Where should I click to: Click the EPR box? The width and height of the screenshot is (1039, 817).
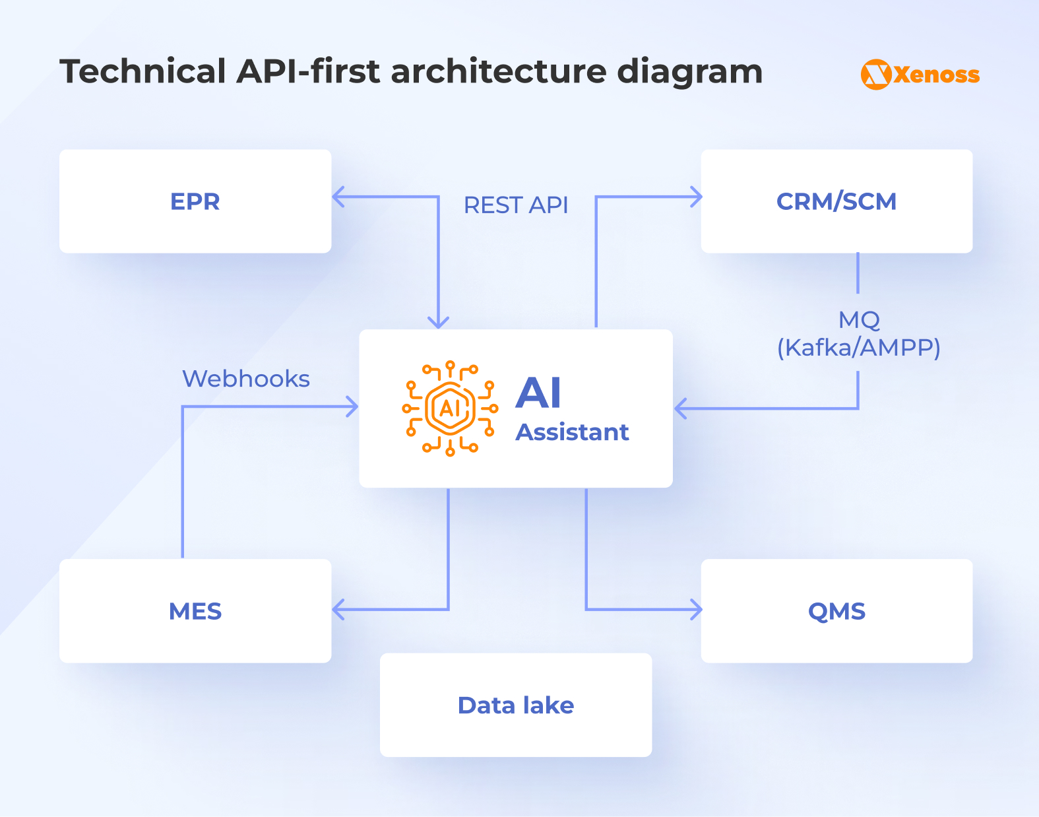(x=195, y=201)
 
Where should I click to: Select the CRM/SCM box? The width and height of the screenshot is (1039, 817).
(x=836, y=201)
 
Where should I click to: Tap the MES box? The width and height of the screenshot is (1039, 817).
(x=195, y=611)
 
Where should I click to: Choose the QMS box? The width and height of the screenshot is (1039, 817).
(x=836, y=611)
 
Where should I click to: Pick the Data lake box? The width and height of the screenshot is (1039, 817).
(x=515, y=705)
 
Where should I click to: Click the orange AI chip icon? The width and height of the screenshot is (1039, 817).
(x=450, y=408)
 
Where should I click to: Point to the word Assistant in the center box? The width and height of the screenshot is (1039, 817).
(x=572, y=432)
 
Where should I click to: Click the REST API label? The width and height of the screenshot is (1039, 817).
(x=516, y=205)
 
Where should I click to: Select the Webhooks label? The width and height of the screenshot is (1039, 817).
(x=246, y=379)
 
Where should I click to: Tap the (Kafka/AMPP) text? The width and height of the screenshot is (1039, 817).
(x=858, y=347)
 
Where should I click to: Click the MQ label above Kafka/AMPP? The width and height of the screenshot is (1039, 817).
(x=859, y=320)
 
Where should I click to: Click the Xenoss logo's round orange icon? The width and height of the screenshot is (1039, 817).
(x=876, y=75)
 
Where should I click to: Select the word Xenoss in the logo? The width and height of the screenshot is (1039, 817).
(x=937, y=75)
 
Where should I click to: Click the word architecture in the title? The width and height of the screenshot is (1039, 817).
(x=498, y=71)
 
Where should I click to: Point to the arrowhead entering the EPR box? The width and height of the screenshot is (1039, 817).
(x=338, y=197)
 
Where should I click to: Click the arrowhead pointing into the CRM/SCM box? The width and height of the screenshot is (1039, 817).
(x=696, y=197)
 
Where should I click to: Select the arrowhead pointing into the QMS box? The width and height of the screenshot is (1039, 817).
(x=696, y=609)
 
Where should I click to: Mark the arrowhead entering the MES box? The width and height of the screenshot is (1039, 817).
(x=338, y=609)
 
